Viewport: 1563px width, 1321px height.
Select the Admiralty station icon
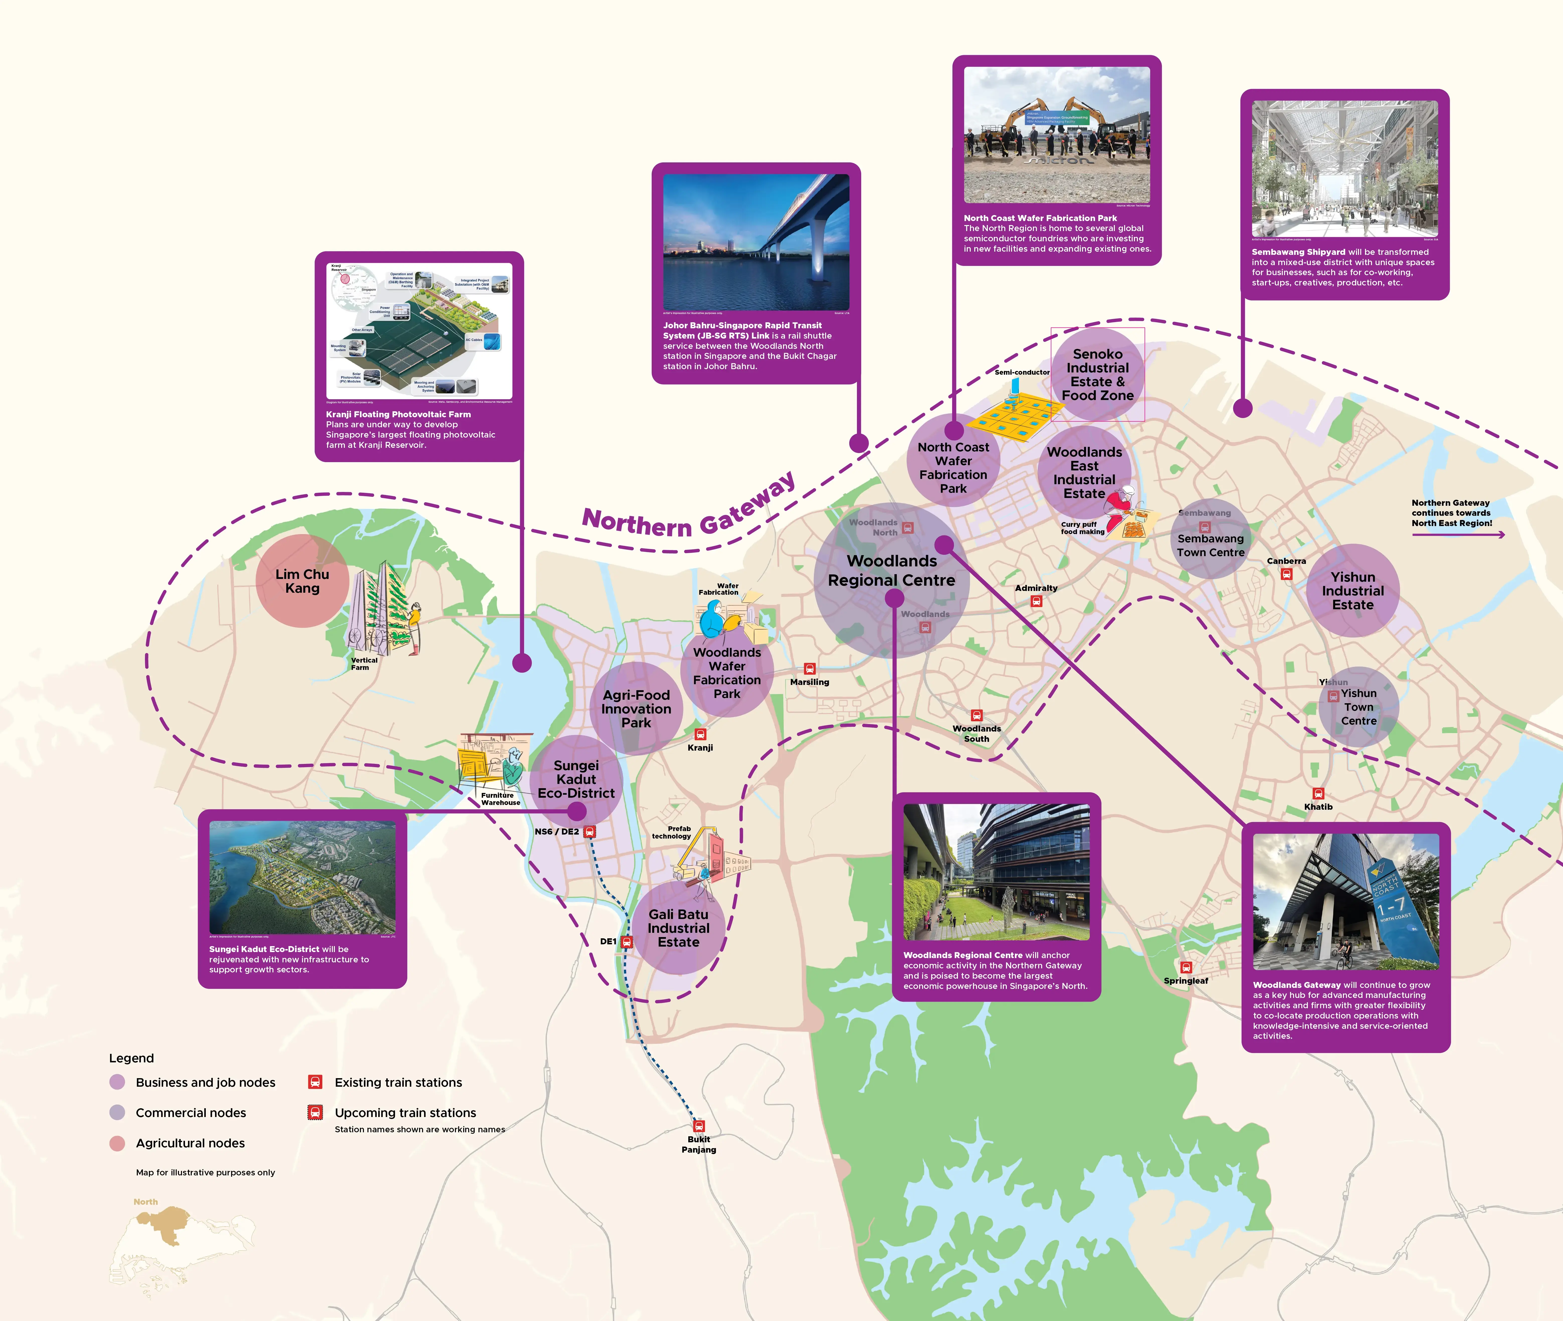pos(1036,600)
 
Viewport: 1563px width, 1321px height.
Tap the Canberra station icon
pos(1287,574)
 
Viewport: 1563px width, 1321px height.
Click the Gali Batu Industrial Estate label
pos(678,928)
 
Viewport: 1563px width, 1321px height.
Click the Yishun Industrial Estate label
pos(1352,591)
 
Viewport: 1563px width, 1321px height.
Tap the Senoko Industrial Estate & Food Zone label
pos(1098,374)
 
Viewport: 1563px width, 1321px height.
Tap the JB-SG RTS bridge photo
pos(756,242)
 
